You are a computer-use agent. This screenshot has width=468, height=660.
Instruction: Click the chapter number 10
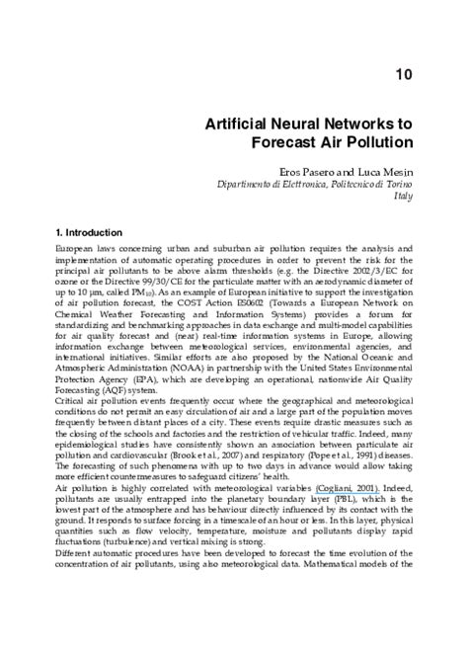point(404,74)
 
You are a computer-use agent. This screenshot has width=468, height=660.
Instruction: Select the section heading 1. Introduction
point(93,232)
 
